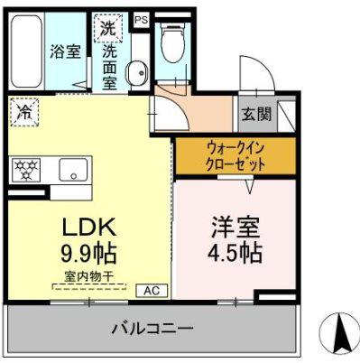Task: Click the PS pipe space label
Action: [142, 20]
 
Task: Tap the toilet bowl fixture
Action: [172, 42]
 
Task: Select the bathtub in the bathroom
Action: [26, 51]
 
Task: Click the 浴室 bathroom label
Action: [65, 51]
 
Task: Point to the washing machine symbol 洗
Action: [108, 28]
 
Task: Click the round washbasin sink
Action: [138, 72]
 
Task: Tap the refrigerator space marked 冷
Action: [24, 112]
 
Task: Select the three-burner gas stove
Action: [26, 170]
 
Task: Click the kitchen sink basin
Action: [73, 170]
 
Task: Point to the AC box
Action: [152, 291]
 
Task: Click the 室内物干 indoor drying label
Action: [89, 276]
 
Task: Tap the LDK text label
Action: [89, 228]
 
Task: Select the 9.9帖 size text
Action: [88, 253]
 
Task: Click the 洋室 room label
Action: [235, 227]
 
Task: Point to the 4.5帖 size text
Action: [235, 252]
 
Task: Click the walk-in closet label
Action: [235, 156]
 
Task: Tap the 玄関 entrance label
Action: [257, 114]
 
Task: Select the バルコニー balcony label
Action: [152, 329]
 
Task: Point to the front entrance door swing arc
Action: [268, 67]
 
